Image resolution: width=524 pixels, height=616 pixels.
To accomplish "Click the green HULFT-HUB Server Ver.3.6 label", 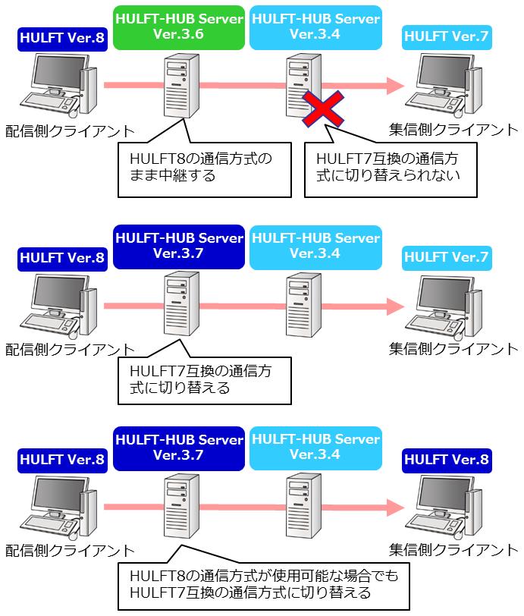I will point(179,27).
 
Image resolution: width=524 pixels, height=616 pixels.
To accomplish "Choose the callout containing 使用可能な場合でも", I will point(262,583).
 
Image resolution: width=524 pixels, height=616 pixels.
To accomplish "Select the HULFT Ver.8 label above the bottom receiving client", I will point(447,460).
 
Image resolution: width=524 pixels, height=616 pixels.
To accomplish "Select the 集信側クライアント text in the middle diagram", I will point(453,349).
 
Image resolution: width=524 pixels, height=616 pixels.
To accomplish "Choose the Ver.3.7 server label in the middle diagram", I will point(179,246).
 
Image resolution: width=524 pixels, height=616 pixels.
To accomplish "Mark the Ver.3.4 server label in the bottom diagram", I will point(315,448).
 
